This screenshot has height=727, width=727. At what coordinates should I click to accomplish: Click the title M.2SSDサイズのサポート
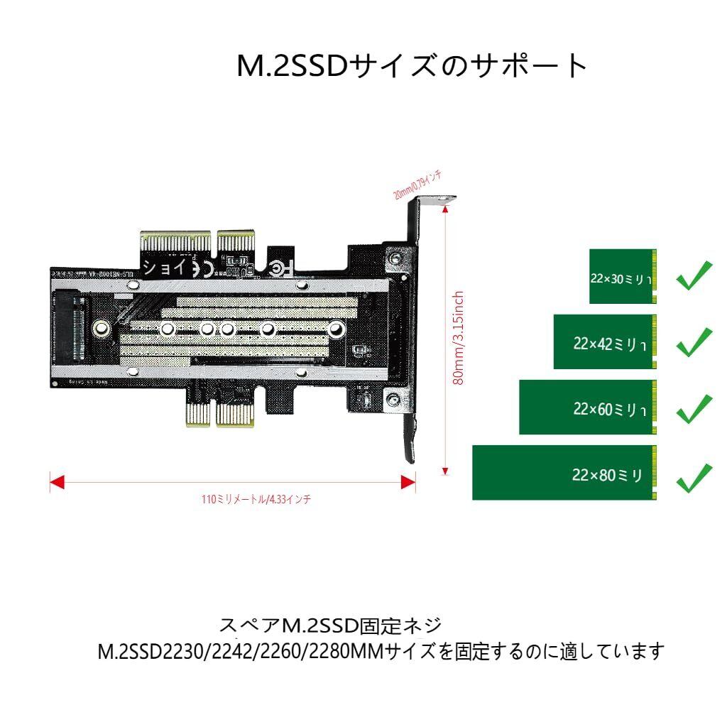412,67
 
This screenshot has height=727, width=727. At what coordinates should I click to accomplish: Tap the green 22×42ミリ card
605,342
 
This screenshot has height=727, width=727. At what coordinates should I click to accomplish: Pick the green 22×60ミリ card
588,408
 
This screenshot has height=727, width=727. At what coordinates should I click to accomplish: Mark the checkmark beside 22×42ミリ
694,341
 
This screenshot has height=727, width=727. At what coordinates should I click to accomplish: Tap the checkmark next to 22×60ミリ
694,408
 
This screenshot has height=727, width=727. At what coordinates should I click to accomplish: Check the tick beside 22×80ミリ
694,477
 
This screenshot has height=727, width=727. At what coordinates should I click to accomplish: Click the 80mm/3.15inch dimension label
459,337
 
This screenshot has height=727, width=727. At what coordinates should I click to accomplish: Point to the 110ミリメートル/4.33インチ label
256,500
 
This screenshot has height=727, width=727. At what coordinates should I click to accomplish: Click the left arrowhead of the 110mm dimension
57,483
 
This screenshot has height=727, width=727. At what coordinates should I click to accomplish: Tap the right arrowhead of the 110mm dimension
408,483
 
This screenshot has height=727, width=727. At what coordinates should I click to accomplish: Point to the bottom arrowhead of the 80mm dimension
446,470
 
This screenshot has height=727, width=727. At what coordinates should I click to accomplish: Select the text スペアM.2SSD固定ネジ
331,626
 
